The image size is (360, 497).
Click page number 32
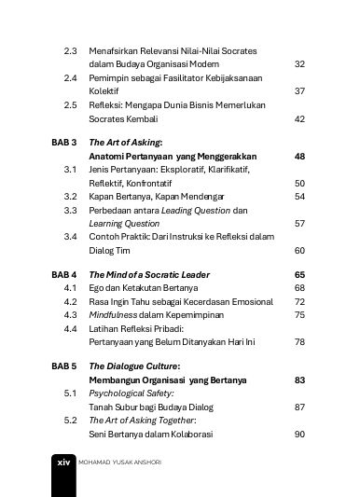(x=299, y=63)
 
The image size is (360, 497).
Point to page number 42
(x=299, y=119)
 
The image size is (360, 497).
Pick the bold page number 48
(x=299, y=156)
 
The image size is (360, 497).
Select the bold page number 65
(x=299, y=275)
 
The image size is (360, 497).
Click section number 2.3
(x=70, y=49)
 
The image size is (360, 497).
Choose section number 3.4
(x=70, y=238)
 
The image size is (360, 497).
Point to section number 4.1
(x=70, y=289)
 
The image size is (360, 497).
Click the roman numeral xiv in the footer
(x=62, y=487)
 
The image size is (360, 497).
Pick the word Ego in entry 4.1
(x=97, y=289)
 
